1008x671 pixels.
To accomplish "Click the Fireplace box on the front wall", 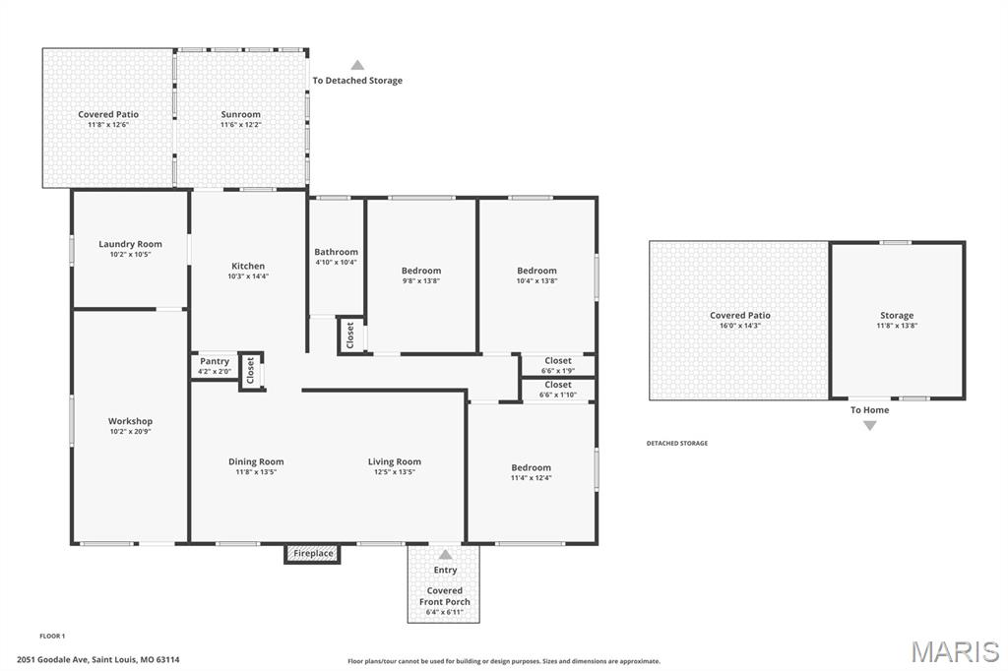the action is (x=312, y=553).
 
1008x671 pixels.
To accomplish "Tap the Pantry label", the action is (x=214, y=361).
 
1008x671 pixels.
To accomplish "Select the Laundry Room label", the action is (x=130, y=244).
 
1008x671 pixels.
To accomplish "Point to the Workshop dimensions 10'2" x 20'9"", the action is (x=130, y=432).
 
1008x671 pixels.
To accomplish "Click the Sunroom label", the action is (x=240, y=114).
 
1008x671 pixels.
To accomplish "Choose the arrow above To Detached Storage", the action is (x=357, y=65).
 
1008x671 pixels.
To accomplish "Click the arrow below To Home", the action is (x=870, y=425).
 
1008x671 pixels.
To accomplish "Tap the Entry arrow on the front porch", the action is (x=445, y=555).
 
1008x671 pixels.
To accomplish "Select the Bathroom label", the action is (x=337, y=252).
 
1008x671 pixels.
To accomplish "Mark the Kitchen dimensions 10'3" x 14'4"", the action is (x=248, y=276).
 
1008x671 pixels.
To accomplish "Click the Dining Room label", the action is (x=256, y=461).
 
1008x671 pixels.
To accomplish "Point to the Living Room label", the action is (x=395, y=461).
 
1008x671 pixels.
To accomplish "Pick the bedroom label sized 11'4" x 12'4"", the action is (x=531, y=468).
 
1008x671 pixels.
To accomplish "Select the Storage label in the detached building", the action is (x=897, y=316).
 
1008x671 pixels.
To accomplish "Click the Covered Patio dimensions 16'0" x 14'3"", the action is (x=740, y=326).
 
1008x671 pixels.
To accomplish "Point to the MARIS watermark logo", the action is (x=955, y=651).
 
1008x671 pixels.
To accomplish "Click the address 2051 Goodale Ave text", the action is (x=52, y=659).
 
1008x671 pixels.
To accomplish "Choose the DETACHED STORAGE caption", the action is (x=677, y=444).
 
